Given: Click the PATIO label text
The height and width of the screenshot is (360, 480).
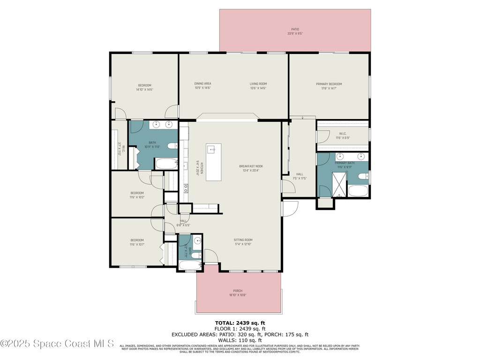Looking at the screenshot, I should tap(295, 29).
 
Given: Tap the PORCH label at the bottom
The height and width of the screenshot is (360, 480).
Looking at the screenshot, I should tap(238, 291).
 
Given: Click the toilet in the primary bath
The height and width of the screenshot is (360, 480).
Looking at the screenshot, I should tap(363, 177).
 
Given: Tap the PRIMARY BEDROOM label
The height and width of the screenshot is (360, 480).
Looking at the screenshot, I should tap(329, 84).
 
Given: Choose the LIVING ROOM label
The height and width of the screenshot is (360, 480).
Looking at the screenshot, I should tap(258, 84).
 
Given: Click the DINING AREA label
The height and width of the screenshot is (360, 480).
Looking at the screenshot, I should tap(202, 84).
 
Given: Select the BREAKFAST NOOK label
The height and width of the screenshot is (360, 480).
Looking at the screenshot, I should tap(251, 166).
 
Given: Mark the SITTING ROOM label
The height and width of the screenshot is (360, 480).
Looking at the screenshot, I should tap(243, 240).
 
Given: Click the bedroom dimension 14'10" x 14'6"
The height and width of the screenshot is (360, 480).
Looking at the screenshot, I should tap(144, 90).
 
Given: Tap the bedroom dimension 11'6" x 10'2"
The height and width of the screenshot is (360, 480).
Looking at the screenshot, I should tap(137, 197).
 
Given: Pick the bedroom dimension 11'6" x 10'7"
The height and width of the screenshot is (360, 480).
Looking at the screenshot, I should tap(137, 245).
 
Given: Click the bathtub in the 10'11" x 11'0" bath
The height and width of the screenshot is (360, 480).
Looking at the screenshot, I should tap(166, 164).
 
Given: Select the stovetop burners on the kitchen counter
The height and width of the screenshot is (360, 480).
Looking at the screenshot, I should tap(186, 188).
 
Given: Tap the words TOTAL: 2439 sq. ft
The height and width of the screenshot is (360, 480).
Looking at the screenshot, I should tap(240, 323).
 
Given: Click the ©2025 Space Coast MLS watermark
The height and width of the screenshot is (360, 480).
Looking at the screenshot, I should tap(57, 344).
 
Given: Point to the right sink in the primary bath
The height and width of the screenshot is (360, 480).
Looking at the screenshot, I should tap(361, 156).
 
